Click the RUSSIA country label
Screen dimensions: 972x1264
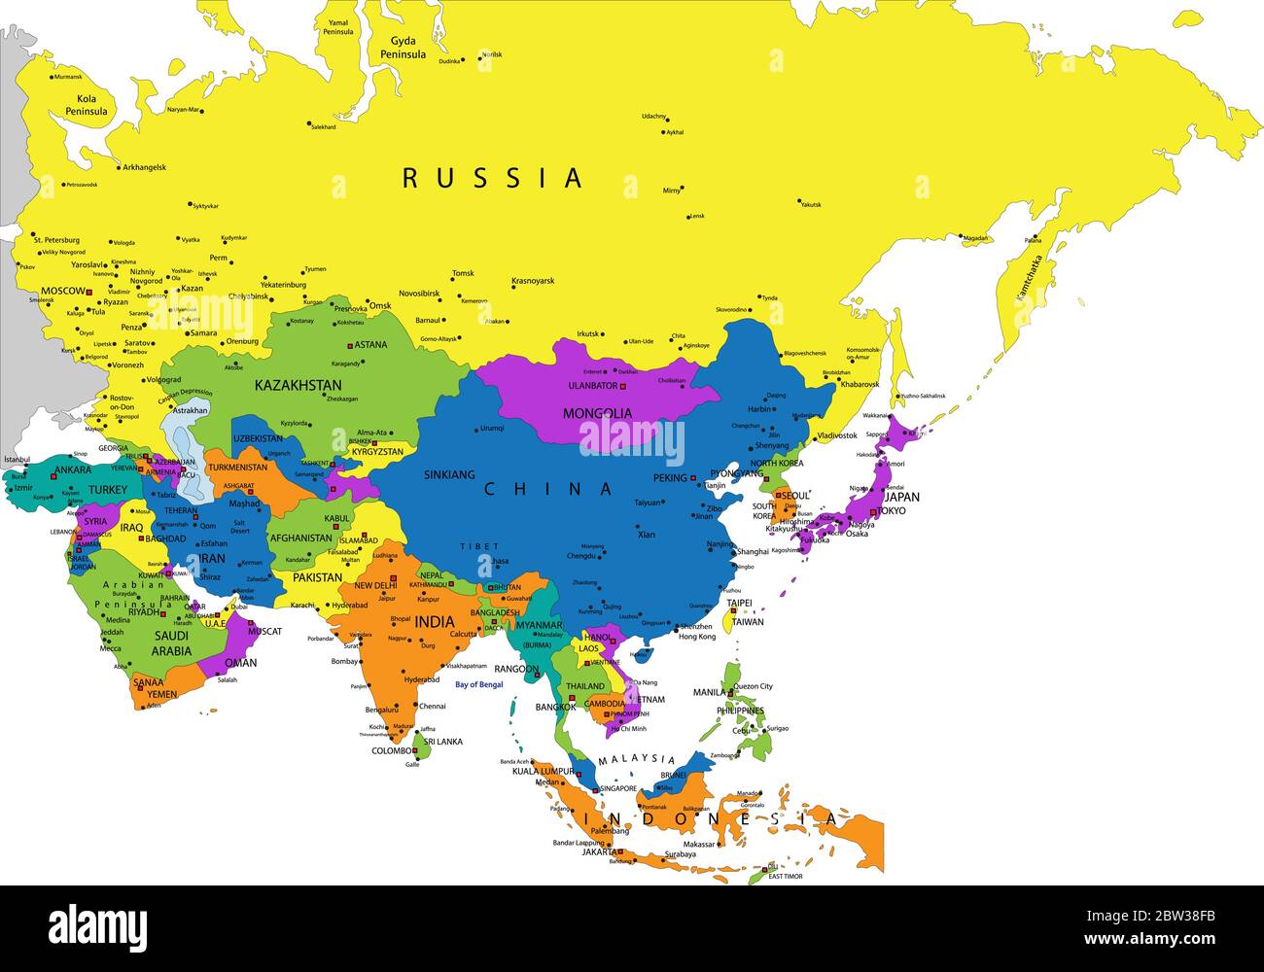(x=493, y=178)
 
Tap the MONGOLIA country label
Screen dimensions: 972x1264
(x=597, y=413)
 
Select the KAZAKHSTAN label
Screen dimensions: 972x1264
(x=298, y=385)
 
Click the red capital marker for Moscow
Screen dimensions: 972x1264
(x=88, y=291)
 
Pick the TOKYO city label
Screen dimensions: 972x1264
(x=893, y=510)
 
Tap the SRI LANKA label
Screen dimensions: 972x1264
(x=442, y=742)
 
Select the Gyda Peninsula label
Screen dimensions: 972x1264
(x=408, y=48)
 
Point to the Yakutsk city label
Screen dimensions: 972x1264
(x=811, y=205)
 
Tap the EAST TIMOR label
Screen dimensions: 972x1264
(x=786, y=877)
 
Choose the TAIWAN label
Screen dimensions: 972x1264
(x=748, y=622)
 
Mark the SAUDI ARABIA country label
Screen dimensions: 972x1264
(x=171, y=642)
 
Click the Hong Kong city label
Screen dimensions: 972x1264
(x=697, y=636)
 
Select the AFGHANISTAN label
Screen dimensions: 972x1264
(x=301, y=538)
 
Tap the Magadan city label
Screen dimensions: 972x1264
(x=975, y=238)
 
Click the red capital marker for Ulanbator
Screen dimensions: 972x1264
(x=623, y=387)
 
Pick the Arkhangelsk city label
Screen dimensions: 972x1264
(x=144, y=167)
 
